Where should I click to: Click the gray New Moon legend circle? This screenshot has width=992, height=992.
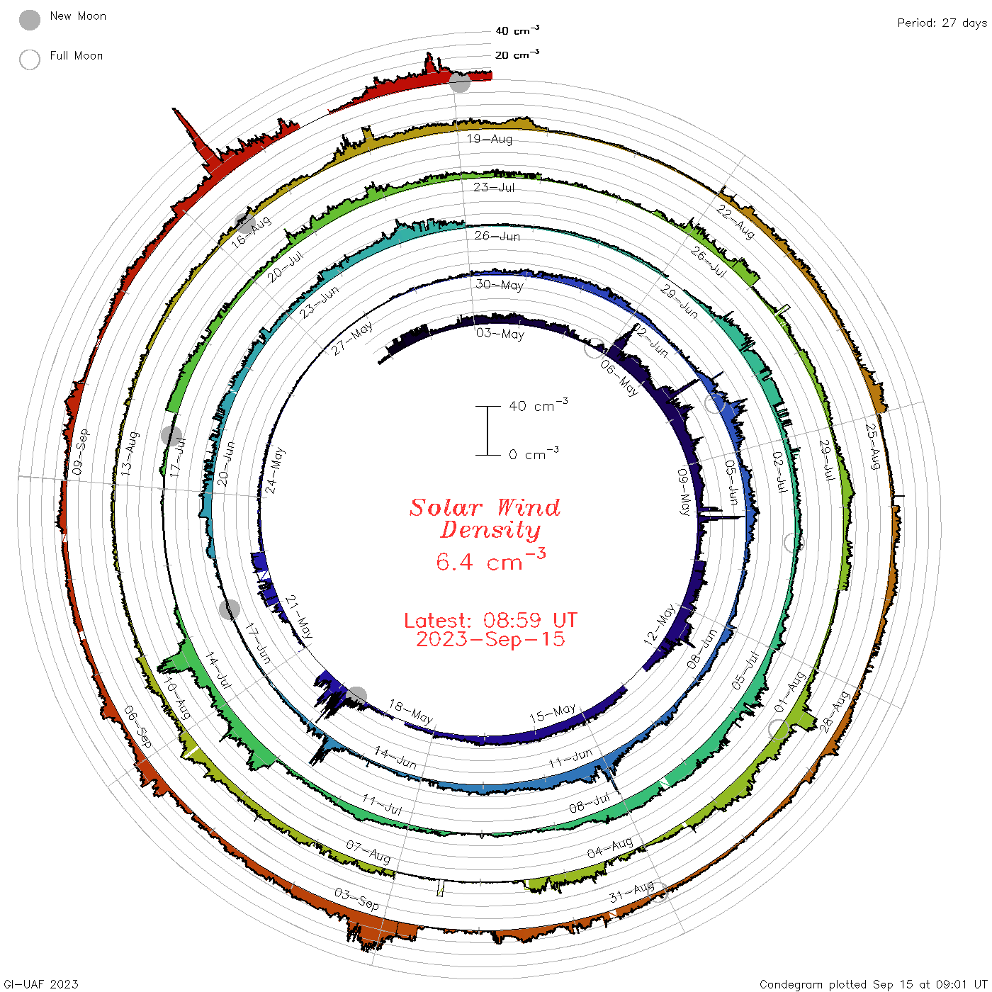[29, 20]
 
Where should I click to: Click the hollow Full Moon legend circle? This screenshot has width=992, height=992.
[29, 60]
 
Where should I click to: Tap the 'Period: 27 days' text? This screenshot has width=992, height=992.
[942, 23]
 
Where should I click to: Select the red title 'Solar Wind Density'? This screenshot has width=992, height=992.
[485, 519]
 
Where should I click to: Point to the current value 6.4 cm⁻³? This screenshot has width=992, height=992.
[490, 560]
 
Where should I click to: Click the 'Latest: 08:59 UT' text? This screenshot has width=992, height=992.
[490, 620]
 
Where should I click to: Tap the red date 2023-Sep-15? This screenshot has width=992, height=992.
[490, 639]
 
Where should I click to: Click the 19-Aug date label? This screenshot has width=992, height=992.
[489, 139]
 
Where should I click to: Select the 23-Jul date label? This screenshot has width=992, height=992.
[494, 187]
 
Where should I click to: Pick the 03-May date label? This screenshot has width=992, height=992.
[500, 334]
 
